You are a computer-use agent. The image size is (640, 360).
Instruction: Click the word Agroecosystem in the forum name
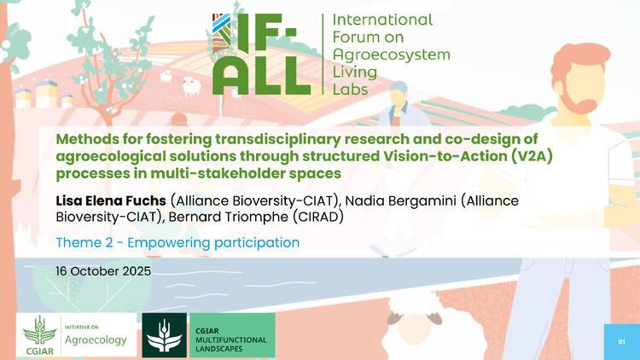(x=389, y=53)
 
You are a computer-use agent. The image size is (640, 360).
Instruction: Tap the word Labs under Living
(x=351, y=87)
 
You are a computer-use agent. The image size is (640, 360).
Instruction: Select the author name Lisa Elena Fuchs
(x=111, y=200)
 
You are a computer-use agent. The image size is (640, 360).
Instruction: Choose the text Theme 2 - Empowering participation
(x=177, y=242)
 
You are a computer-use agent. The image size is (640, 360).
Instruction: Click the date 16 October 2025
(x=103, y=270)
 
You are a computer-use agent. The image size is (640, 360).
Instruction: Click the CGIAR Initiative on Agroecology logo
(x=76, y=334)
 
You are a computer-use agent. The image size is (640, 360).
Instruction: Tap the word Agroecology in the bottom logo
(x=96, y=340)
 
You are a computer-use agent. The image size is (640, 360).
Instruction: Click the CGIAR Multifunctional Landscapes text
(x=230, y=340)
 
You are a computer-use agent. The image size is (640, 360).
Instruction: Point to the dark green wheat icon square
(x=165, y=335)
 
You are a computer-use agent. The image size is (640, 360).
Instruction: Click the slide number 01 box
(x=621, y=341)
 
